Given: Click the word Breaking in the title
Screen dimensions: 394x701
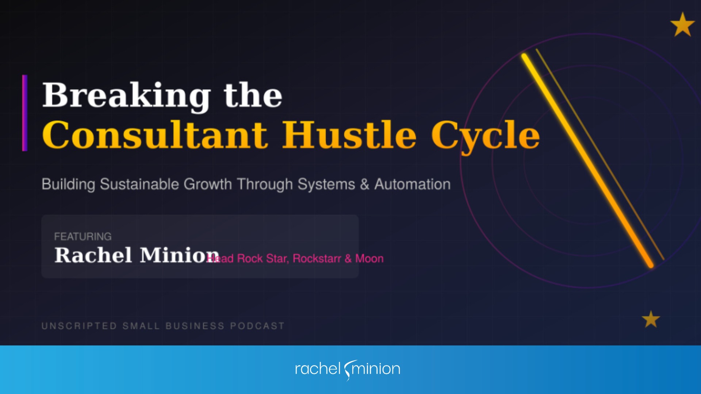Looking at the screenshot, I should [x=126, y=96].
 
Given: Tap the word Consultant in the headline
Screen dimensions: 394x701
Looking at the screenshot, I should [x=155, y=135].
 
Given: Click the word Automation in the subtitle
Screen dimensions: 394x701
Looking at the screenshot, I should [x=413, y=184].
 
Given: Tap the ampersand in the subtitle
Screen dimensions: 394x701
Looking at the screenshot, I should [x=364, y=184].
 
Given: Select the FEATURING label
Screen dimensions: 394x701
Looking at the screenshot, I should [x=83, y=236].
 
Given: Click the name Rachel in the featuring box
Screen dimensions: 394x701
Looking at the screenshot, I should [x=93, y=255].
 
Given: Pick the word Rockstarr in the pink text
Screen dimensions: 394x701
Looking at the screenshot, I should [x=317, y=259].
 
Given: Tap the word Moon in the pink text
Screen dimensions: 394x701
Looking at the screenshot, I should [x=369, y=259].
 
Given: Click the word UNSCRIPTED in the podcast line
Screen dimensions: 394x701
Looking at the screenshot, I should [x=79, y=326].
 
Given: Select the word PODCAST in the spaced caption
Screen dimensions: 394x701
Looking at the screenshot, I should [x=257, y=326].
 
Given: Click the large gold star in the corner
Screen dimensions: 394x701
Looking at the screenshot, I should [x=682, y=25].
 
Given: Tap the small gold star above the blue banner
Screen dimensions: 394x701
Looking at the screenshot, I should [x=651, y=320].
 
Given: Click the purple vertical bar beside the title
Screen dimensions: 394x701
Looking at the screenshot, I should [x=25, y=113].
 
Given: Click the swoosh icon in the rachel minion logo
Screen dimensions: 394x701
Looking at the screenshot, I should [x=348, y=370].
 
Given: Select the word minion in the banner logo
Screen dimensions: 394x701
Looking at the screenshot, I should [x=376, y=369].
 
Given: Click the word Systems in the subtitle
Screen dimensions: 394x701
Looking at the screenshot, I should [x=326, y=184].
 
